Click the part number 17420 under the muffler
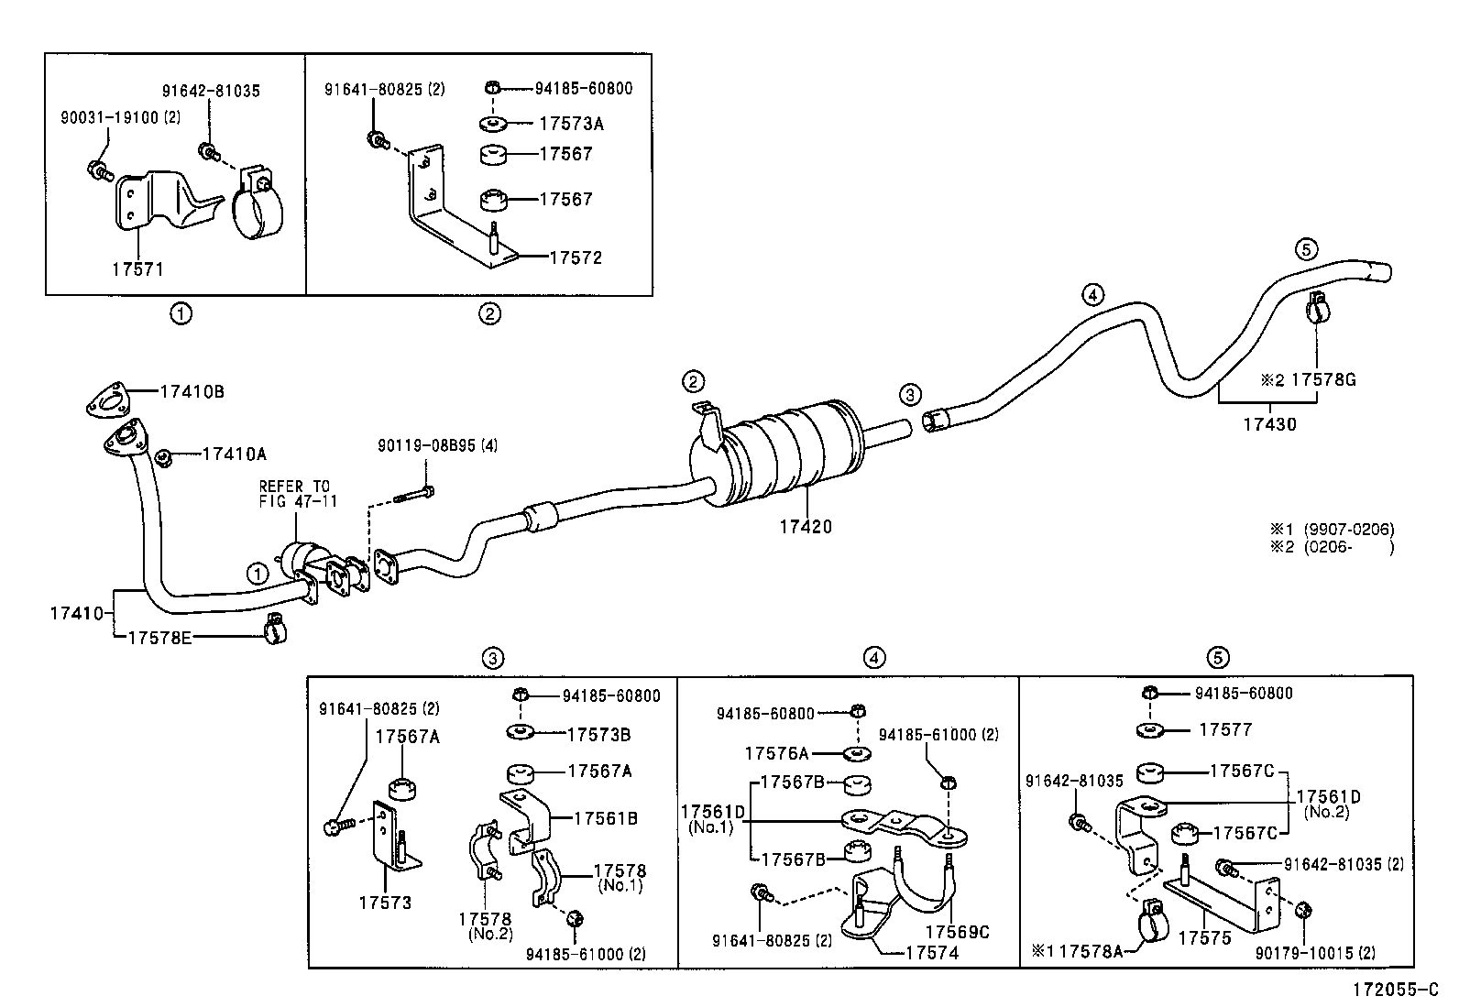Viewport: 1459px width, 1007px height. [806, 527]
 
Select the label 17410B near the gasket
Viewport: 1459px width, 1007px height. [192, 391]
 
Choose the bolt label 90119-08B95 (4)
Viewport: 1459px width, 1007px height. [437, 445]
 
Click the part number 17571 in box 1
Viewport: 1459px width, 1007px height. [137, 268]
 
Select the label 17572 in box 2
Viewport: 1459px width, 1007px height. [576, 257]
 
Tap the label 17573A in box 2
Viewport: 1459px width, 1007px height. [571, 124]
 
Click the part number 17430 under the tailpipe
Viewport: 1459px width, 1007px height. [1269, 424]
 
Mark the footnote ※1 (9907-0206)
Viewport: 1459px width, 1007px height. [1332, 529]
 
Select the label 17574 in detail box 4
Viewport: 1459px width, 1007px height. [931, 953]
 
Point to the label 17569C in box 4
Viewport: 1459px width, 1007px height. [957, 931]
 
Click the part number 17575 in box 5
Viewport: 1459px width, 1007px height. [1203, 937]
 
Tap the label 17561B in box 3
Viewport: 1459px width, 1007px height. [607, 818]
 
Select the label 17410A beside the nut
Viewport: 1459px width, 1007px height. [235, 454]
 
